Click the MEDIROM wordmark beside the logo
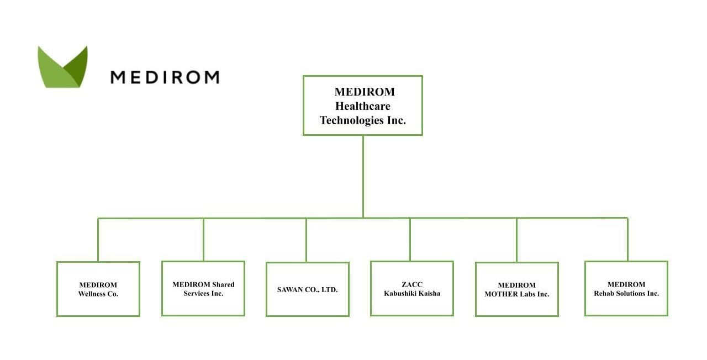click(165, 77)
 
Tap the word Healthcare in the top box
click(363, 106)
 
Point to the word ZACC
click(412, 284)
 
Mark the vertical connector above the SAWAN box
click(306, 240)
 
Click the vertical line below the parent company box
click(363, 176)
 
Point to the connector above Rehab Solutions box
click(627, 239)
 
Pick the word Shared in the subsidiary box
click(223, 284)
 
